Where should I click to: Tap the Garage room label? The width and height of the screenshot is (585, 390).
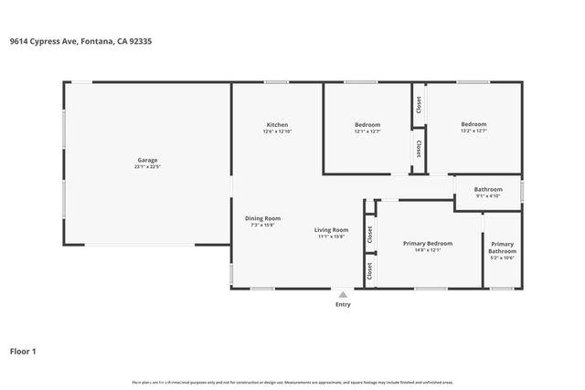coord(147,160)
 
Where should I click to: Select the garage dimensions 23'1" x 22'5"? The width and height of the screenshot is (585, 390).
coord(147,167)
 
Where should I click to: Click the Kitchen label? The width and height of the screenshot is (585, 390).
coord(277,124)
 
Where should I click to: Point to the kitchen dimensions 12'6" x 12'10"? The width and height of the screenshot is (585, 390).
coord(277,132)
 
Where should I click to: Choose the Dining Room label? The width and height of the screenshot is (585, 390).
coord(262,218)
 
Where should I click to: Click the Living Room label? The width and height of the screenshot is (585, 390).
coord(332,229)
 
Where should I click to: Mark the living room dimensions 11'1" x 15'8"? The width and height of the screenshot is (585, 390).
coord(332,237)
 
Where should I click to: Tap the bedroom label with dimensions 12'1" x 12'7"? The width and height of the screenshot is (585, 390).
coord(367,124)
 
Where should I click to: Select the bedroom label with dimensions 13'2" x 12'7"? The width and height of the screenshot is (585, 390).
coord(473,124)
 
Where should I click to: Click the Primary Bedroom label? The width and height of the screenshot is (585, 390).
coord(428,243)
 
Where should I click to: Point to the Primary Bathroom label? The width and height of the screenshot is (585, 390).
coord(502,248)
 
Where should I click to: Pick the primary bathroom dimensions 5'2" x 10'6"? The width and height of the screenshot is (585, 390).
coord(502,258)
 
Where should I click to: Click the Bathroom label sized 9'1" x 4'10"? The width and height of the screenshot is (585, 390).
coord(488,189)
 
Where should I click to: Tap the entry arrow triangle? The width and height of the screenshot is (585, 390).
coord(343,294)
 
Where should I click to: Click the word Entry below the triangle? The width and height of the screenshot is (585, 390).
coord(343,304)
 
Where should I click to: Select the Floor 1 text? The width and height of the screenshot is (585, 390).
coord(24,351)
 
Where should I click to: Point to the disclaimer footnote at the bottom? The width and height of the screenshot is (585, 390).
coord(292,382)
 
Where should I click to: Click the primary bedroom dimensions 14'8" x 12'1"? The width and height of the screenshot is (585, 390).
coord(428,250)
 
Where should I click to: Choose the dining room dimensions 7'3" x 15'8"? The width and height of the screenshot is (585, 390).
coord(262,226)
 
